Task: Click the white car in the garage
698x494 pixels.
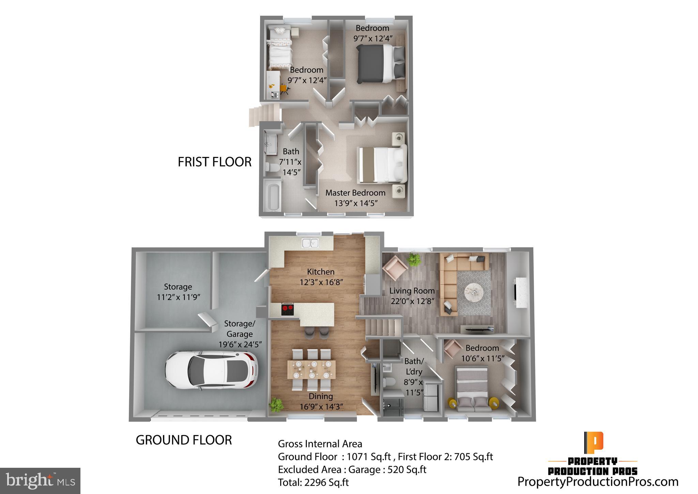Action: point(211,370)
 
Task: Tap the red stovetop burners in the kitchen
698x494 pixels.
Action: point(287,310)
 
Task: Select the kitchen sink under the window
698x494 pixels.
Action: point(310,243)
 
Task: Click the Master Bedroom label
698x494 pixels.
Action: point(355,193)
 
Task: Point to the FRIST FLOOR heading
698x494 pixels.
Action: point(214,162)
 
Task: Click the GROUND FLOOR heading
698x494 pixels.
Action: point(184,440)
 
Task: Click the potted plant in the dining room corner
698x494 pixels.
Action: point(276,405)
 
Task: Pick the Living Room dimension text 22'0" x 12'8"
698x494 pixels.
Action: point(412,301)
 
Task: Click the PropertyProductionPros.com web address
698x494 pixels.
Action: point(598,482)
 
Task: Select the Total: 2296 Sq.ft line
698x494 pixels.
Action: point(313,482)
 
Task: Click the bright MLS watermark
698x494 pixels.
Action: point(40,481)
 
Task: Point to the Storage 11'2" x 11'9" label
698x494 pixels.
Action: point(178,292)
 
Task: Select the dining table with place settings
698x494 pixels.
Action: point(311,369)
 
